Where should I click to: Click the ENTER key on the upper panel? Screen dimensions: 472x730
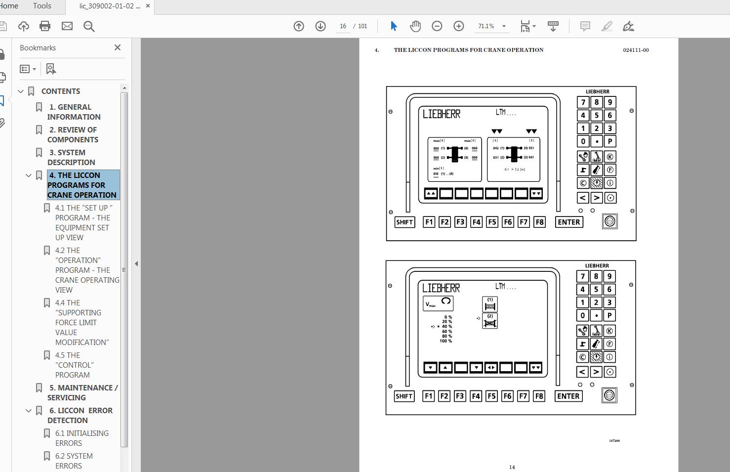(x=568, y=222)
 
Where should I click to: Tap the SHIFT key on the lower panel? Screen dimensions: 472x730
(x=404, y=396)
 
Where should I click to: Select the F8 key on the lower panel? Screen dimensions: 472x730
(x=539, y=396)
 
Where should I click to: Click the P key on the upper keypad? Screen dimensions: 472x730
(x=610, y=141)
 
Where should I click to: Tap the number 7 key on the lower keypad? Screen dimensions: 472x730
(x=583, y=277)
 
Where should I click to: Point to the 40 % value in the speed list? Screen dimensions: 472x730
(x=446, y=327)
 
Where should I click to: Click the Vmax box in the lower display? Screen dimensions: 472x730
(x=438, y=303)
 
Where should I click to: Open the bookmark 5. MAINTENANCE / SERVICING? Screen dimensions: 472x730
(x=82, y=392)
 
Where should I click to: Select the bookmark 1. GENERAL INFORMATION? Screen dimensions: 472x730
(x=74, y=112)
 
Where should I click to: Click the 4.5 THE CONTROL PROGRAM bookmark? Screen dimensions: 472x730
(x=74, y=365)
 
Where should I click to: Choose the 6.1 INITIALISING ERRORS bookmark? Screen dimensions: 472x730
(x=81, y=438)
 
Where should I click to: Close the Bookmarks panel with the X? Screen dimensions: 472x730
(x=118, y=47)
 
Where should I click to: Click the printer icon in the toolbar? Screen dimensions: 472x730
(x=45, y=26)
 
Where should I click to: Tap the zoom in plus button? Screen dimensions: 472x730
(x=459, y=26)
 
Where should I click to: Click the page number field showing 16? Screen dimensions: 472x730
(x=343, y=26)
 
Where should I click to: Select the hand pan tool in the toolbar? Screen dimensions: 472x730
(x=415, y=26)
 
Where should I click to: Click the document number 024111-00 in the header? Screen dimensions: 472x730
(x=636, y=50)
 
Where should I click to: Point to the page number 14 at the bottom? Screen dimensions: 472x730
(x=512, y=467)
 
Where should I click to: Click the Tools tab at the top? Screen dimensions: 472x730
(x=42, y=6)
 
